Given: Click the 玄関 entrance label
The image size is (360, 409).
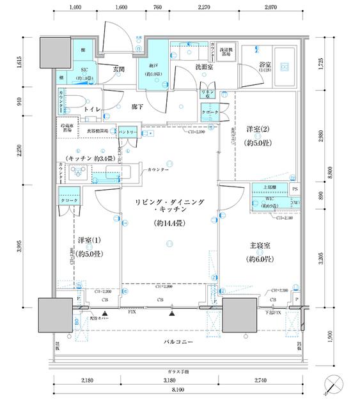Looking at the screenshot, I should tap(118, 69).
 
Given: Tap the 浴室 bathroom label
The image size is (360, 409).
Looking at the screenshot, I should tap(265, 66).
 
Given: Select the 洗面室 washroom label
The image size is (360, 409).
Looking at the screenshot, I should tap(204, 66).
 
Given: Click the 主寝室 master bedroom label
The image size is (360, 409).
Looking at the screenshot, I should tap(260, 245).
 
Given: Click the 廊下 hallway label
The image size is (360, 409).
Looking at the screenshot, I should tap(137, 107).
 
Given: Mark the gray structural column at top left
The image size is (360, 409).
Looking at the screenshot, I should tap(55, 52).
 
